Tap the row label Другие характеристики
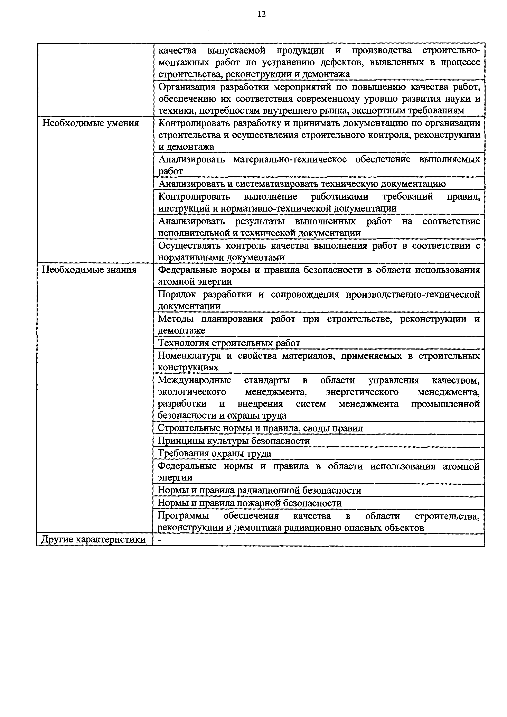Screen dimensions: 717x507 (94, 540)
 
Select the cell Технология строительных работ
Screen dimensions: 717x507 (229, 343)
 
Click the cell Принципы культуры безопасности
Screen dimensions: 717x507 (234, 441)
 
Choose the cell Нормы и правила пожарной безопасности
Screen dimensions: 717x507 (250, 503)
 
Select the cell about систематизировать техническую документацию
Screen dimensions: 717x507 (302, 184)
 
